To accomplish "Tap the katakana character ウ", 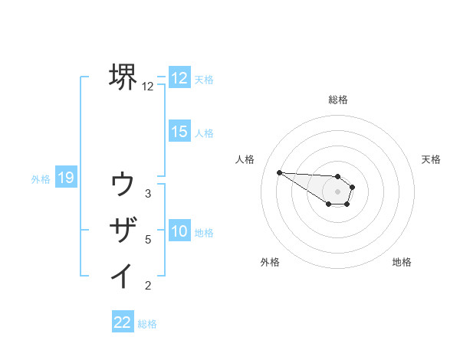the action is (x=123, y=185).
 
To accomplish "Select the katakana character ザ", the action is (x=123, y=230).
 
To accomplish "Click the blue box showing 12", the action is (x=179, y=78).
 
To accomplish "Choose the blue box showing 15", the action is (x=179, y=132).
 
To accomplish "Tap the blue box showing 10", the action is (x=179, y=231).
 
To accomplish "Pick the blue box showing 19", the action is (x=66, y=178).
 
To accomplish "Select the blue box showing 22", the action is (x=123, y=322).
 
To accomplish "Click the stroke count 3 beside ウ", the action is (x=148, y=194).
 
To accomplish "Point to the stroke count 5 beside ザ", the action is (x=148, y=240).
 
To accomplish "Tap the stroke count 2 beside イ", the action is (x=148, y=286).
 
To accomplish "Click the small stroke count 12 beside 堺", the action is (x=148, y=87).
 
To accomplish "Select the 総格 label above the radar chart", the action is (x=338, y=100).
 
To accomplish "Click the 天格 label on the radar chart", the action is (x=432, y=159).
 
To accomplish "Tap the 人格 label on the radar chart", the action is (x=245, y=159).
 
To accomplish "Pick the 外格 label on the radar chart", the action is (x=270, y=262).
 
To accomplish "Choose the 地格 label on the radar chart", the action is (x=402, y=262).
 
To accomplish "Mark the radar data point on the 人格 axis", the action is (x=279, y=172).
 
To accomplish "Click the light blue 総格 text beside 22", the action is (x=147, y=324).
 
